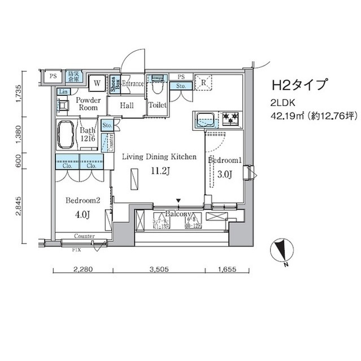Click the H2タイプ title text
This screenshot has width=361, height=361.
299,85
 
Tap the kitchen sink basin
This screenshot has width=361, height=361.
205,120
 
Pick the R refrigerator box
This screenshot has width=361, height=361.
202,82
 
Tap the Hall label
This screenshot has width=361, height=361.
126,105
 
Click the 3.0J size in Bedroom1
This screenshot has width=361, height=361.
224,174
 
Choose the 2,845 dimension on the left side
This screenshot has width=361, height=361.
19,207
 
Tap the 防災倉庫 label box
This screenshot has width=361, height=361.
75,76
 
